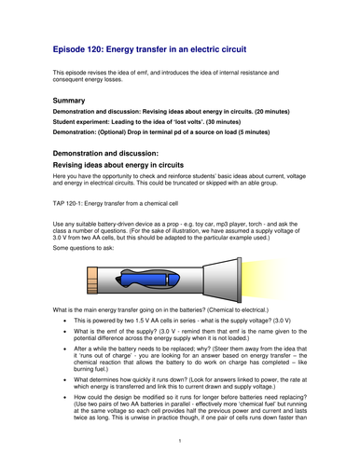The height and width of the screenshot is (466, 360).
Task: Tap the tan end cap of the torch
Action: tap(93, 278)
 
